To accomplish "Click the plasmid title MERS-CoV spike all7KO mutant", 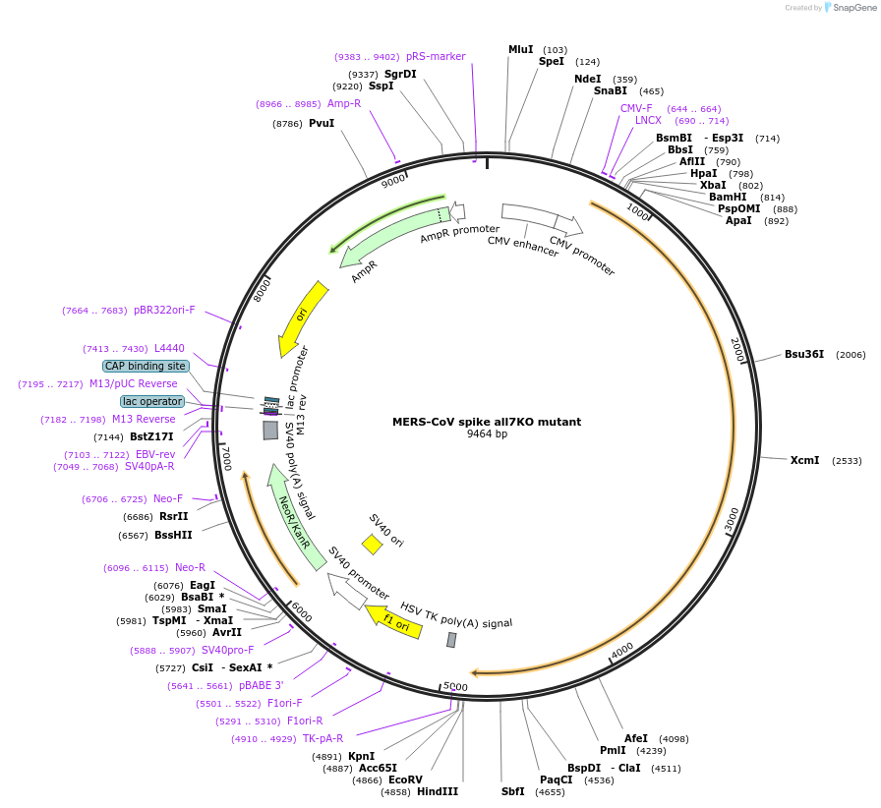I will pyautogui.click(x=487, y=422).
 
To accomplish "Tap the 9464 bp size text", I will pyautogui.click(x=487, y=433).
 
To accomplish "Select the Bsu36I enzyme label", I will pyautogui.click(x=803, y=354).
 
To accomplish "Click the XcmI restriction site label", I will pyautogui.click(x=804, y=460).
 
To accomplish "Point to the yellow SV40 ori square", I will pyautogui.click(x=372, y=544).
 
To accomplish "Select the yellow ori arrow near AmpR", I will pyautogui.click(x=303, y=317).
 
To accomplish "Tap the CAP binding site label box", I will pyautogui.click(x=146, y=366).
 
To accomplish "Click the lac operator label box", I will pyautogui.click(x=152, y=401).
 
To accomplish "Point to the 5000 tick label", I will pyautogui.click(x=455, y=686).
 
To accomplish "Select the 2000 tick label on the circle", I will pyautogui.click(x=736, y=350).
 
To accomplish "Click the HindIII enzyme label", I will pyautogui.click(x=438, y=791).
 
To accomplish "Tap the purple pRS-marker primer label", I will pyautogui.click(x=436, y=56).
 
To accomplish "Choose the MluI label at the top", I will pyautogui.click(x=520, y=49).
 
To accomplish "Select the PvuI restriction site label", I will pyautogui.click(x=322, y=123).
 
